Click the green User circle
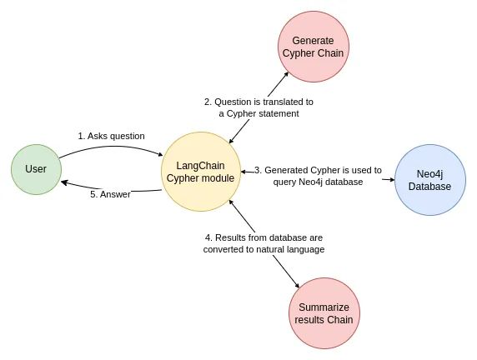[36, 169]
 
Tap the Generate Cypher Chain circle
[313, 47]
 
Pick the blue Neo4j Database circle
[429, 180]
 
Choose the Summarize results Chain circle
[325, 313]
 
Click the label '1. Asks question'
[111, 136]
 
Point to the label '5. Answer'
[110, 194]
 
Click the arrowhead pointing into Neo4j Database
[391, 179]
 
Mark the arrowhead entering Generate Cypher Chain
[286, 74]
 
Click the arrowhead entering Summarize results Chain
[297, 286]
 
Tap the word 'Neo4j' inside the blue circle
[429, 174]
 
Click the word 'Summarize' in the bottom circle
[325, 307]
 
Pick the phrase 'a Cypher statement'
[259, 113]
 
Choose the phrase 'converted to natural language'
[264, 249]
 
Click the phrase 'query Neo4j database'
[318, 182]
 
